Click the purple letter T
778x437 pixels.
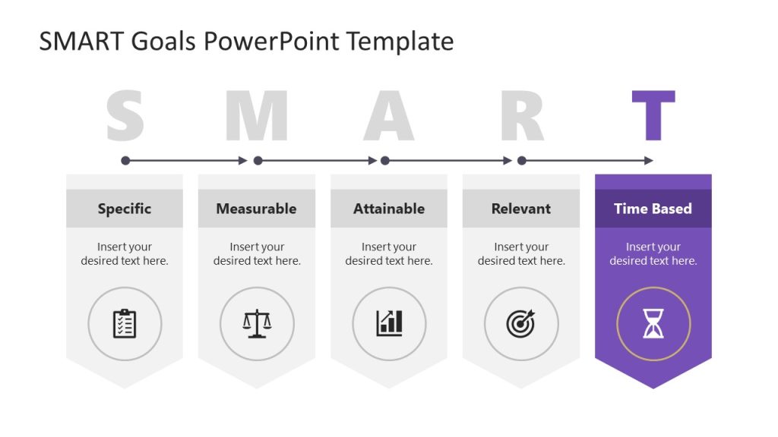653,115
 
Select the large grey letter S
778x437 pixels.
125,115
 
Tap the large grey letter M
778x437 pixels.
257,115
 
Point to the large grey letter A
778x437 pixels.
389,115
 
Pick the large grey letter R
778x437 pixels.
522,115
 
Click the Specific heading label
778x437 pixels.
125,209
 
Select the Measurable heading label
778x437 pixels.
256,209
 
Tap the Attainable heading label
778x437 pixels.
389,209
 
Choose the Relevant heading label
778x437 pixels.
521,209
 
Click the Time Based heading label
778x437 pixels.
653,209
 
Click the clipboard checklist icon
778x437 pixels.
125,324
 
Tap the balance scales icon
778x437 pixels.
257,324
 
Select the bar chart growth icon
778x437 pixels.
389,324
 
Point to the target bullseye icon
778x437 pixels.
520,324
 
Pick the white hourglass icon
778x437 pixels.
653,324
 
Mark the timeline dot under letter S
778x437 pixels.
125,161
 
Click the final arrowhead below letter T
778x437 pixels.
648,161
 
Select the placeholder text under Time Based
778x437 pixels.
653,253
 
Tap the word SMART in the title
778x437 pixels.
81,41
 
